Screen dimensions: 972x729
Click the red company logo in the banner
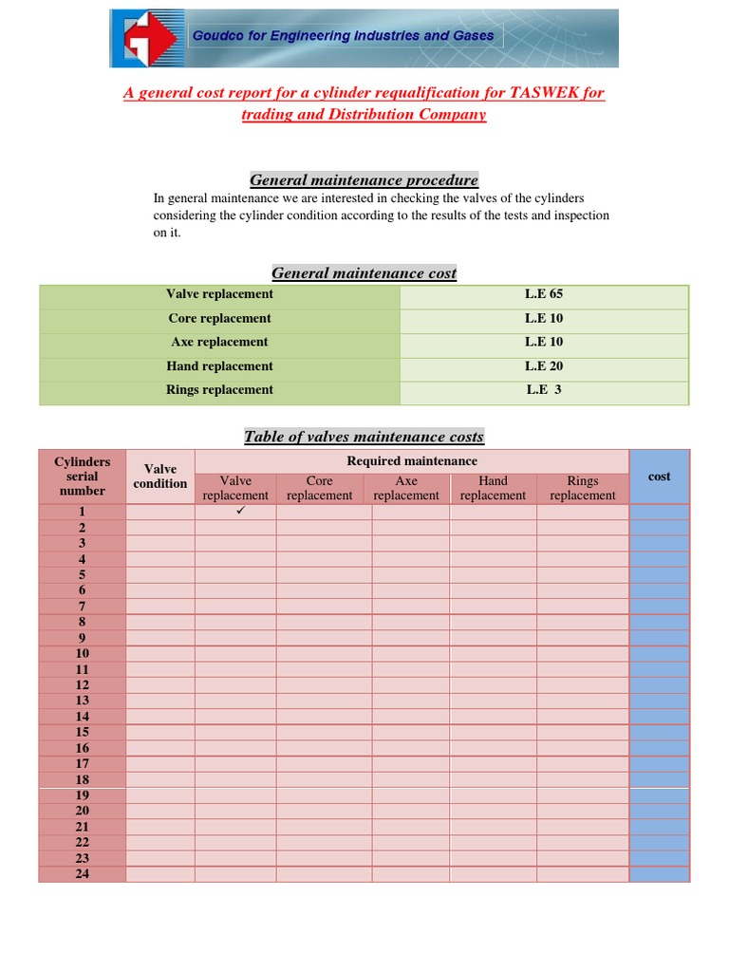[149, 39]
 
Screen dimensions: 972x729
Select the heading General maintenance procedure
[364, 180]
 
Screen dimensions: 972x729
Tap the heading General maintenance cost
[364, 273]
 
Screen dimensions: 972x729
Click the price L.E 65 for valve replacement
[544, 294]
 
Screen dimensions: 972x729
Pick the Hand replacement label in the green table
[219, 366]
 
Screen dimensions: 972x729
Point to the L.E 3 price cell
[544, 390]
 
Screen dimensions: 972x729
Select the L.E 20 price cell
[544, 366]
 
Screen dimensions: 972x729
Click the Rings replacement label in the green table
[219, 390]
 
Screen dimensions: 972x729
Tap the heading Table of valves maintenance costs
[364, 437]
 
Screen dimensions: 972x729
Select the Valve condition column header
[159, 477]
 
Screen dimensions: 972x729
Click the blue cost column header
[659, 477]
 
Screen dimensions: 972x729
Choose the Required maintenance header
[412, 461]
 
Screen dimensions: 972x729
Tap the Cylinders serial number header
[82, 477]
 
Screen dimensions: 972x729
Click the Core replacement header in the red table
[320, 488]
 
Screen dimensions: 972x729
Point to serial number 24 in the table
[82, 873]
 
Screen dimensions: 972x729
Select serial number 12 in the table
[82, 684]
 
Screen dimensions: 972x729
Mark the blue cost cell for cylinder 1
[659, 512]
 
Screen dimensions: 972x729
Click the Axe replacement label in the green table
[219, 343]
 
